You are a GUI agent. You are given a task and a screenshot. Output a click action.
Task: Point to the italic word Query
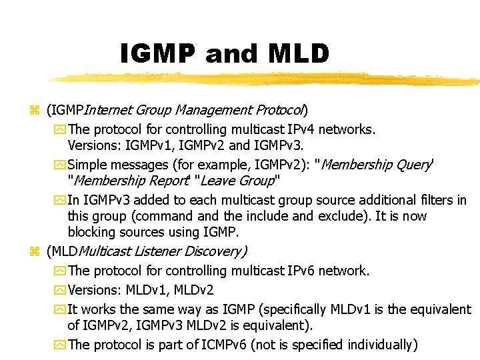tap(416, 165)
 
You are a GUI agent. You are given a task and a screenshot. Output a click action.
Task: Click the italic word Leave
tap(217, 181)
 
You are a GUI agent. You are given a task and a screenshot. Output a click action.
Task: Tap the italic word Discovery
tap(214, 251)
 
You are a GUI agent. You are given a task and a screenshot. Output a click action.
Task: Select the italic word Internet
tap(108, 110)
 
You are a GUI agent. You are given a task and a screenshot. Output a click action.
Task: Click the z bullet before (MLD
tap(34, 252)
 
